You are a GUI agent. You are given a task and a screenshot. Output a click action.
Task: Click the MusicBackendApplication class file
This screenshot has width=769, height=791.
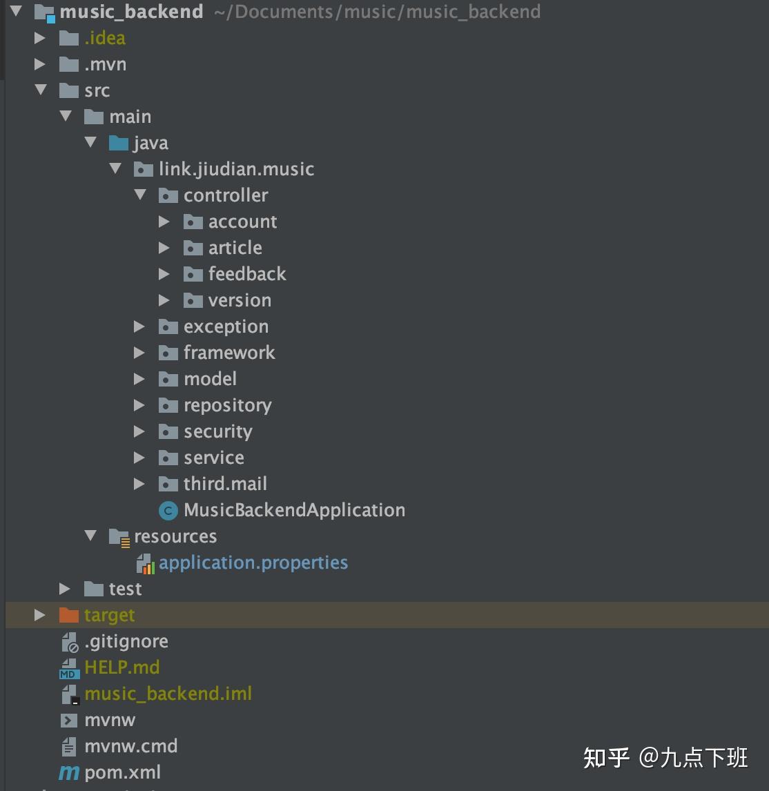294,510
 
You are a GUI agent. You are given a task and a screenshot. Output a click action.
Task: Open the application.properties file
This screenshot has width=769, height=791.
253,563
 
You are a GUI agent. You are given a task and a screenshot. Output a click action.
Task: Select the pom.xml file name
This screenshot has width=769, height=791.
123,772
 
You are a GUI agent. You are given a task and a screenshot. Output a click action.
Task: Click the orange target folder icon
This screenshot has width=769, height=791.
69,615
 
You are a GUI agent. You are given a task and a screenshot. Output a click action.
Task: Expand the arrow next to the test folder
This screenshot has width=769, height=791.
65,589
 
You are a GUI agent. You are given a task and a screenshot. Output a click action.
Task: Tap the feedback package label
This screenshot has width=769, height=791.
247,274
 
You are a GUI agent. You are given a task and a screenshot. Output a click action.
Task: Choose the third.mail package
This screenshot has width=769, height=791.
225,484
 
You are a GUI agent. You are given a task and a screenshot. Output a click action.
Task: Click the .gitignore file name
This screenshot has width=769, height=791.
126,641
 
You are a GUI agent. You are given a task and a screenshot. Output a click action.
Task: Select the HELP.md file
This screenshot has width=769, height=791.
121,667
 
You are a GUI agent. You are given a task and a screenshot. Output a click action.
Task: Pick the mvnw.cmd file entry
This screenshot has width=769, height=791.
131,746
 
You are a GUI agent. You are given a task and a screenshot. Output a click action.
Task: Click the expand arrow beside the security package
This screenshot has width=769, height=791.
139,431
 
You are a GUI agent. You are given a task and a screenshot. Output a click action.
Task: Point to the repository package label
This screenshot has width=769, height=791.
227,405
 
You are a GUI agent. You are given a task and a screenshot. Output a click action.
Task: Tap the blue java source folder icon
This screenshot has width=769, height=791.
119,143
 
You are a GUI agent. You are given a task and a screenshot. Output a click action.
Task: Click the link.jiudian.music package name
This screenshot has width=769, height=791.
236,169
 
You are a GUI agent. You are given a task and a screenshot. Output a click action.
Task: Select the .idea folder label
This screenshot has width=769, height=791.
105,38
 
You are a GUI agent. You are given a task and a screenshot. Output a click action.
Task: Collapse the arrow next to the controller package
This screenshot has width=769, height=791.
141,195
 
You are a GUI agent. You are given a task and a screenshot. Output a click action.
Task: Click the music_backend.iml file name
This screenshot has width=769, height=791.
168,694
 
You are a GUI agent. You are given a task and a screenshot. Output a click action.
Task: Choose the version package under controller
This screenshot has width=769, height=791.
240,300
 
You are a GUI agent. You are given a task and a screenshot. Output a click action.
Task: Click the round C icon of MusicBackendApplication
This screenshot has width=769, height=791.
168,511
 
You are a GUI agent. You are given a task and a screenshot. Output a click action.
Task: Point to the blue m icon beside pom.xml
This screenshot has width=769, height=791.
68,773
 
